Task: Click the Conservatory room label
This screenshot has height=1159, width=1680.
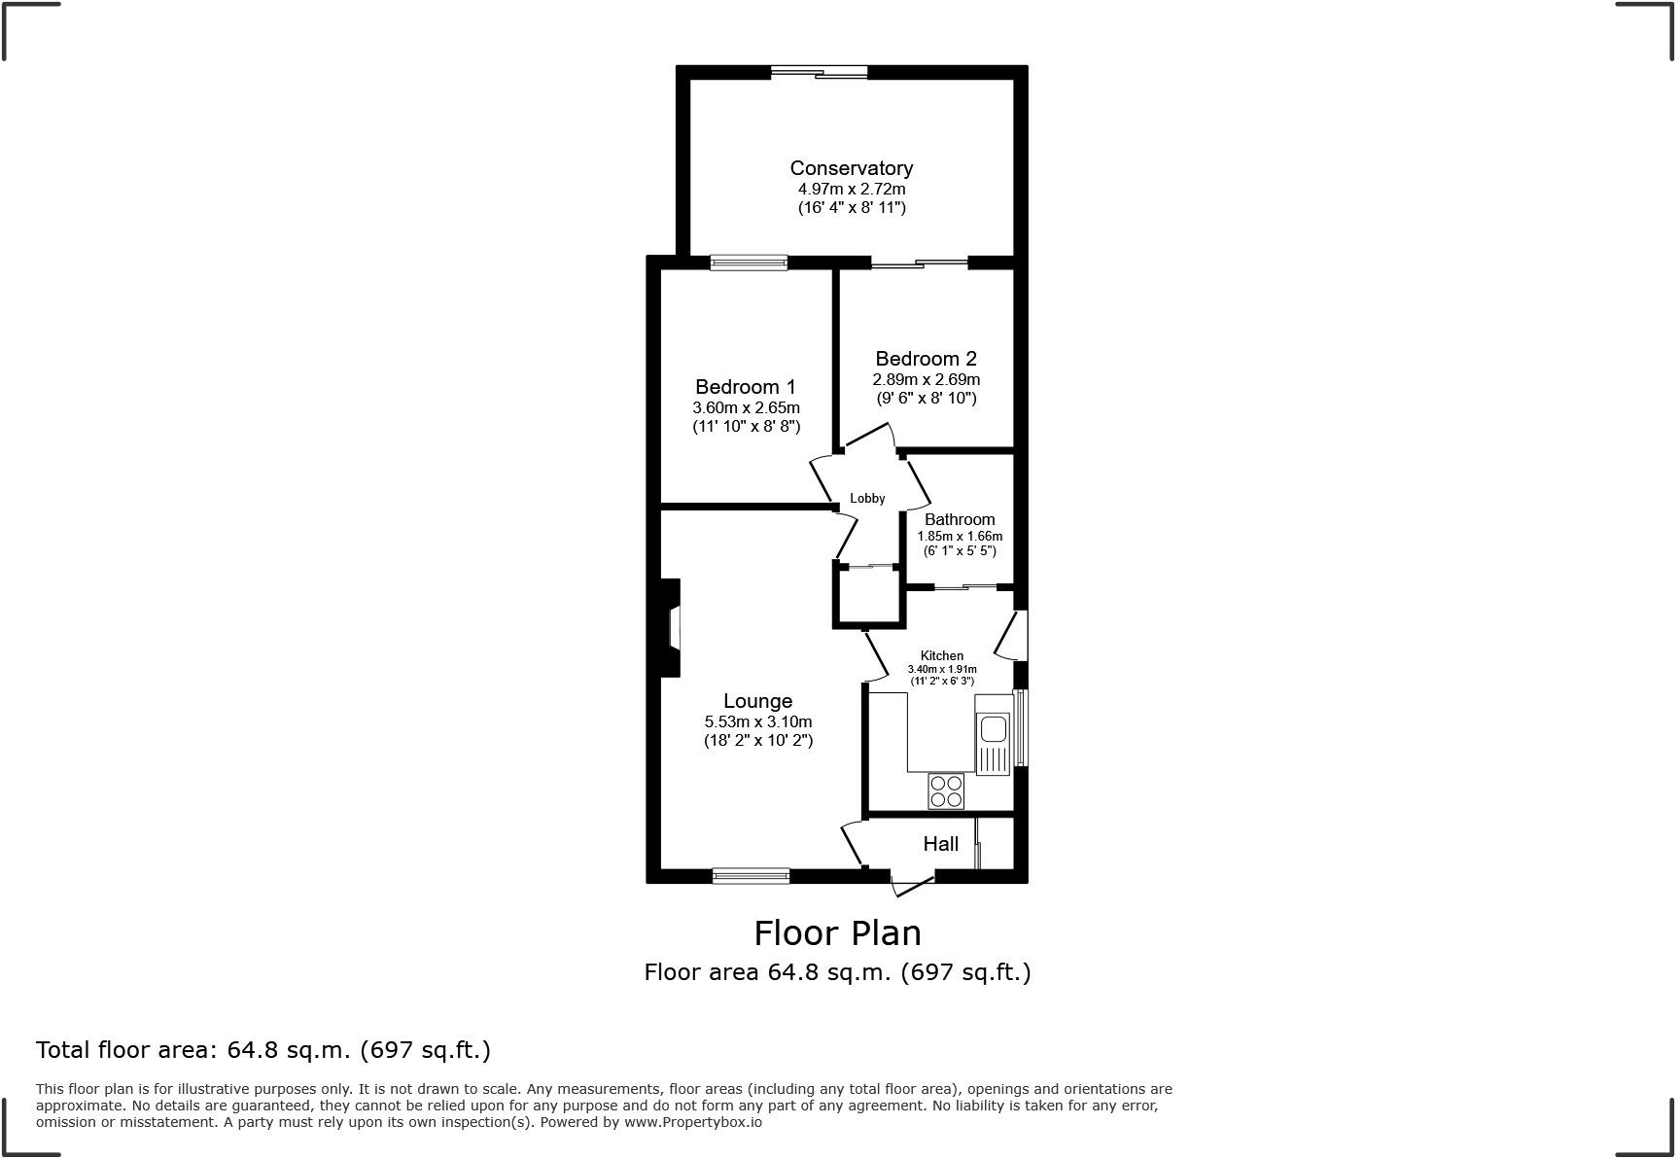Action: coord(851,168)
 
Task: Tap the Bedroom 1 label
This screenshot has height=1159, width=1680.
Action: coord(745,387)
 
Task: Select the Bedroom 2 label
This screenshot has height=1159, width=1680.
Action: coord(926,359)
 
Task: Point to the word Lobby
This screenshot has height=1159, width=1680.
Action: coord(867,498)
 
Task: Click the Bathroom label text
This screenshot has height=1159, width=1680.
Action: coord(960,519)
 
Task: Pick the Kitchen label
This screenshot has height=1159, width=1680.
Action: coord(941,656)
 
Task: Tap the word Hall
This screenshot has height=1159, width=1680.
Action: coord(940,844)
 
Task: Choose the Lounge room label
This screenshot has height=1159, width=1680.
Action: coord(757,701)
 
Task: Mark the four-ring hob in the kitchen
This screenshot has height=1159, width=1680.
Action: coord(945,790)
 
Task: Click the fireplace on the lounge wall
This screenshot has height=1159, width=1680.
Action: coord(670,627)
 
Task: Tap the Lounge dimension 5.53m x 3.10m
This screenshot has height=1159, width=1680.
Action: coord(757,721)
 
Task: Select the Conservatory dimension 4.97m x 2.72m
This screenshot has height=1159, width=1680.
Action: coord(851,189)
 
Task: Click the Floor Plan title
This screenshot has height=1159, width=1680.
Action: coord(837,932)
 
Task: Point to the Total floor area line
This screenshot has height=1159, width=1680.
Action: coord(262,1050)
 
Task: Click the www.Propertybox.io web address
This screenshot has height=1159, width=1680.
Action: coord(692,1122)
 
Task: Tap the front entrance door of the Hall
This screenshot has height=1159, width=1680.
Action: coord(912,883)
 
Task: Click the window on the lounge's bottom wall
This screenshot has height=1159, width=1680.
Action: coord(751,876)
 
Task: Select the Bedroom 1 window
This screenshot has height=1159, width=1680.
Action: coord(748,262)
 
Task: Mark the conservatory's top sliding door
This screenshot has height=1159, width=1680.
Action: coord(819,72)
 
